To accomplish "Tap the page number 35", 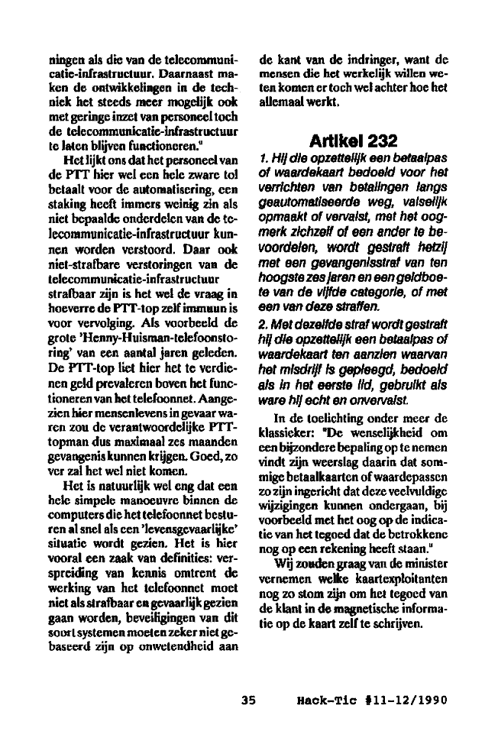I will click(x=247, y=699).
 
